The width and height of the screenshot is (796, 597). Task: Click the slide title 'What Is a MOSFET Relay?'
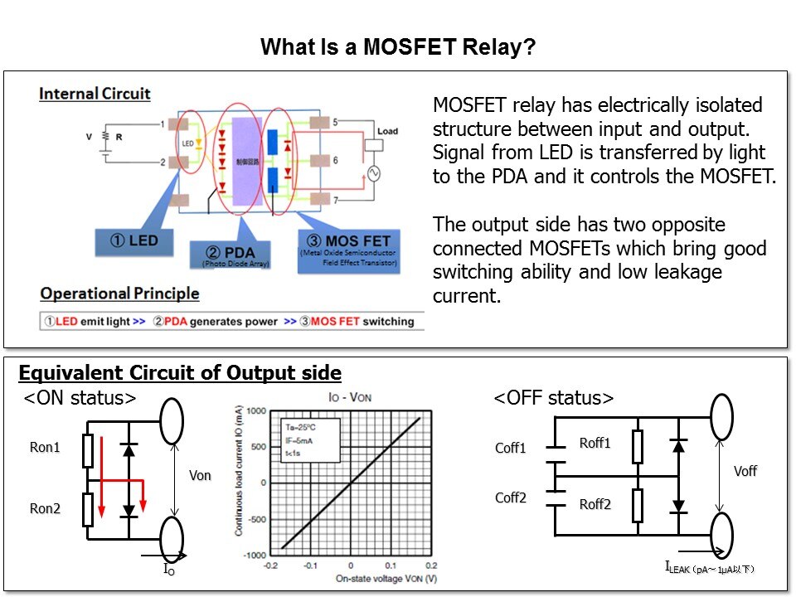click(x=398, y=47)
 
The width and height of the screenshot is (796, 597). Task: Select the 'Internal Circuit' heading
click(x=95, y=93)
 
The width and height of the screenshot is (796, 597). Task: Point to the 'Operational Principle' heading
click(x=119, y=294)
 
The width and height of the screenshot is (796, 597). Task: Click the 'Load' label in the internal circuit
click(x=387, y=132)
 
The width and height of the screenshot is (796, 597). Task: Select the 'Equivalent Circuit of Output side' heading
click(x=180, y=373)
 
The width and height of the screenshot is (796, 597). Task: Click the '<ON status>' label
click(x=80, y=398)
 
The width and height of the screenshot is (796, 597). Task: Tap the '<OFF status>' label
click(x=554, y=398)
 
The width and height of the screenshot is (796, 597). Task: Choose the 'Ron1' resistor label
click(x=46, y=448)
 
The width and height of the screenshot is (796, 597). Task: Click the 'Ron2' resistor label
click(x=46, y=509)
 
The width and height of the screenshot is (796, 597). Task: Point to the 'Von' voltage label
click(x=201, y=476)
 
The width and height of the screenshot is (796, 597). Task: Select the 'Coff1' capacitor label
click(x=511, y=449)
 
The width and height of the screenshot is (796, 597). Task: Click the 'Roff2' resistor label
click(x=595, y=504)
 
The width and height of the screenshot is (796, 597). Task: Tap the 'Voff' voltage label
click(x=745, y=471)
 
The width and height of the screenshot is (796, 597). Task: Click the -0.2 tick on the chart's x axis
click(x=270, y=565)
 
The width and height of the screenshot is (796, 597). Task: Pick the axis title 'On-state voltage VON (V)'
click(x=351, y=578)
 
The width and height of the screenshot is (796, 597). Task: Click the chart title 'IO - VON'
click(x=349, y=398)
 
